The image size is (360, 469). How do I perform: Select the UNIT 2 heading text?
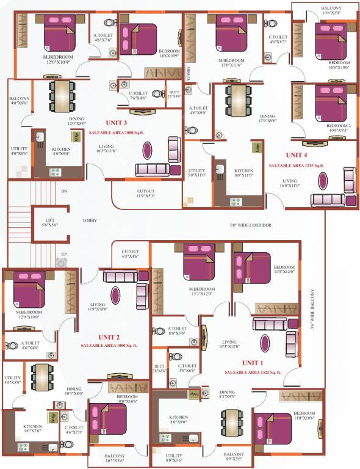(x=109, y=337)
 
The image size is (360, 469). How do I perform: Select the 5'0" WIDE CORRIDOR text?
(x=250, y=225)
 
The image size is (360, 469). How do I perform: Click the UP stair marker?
(x=63, y=254)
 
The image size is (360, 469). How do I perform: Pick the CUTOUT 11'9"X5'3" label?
(x=145, y=194)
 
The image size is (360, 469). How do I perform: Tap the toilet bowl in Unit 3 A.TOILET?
(x=110, y=23)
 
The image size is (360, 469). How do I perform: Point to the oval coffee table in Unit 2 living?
(x=115, y=296)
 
